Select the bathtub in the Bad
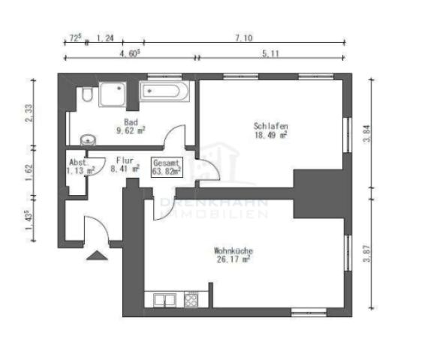[164, 94]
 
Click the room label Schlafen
[272, 127]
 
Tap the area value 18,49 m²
[272, 136]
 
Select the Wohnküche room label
[233, 251]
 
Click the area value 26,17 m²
[233, 260]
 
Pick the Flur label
[125, 160]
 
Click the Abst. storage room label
[78, 162]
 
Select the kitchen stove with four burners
[191, 300]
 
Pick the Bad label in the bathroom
[131, 121]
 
